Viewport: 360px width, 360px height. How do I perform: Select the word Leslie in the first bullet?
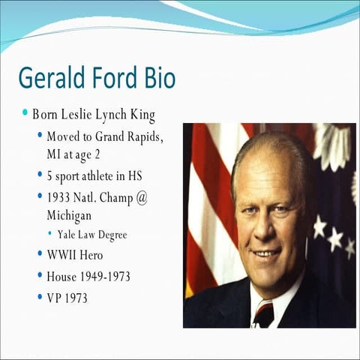pos(78,115)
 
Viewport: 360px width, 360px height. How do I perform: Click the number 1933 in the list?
pos(61,196)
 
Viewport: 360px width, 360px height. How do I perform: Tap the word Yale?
pos(68,235)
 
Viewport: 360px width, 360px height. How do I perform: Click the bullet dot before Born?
pos(25,114)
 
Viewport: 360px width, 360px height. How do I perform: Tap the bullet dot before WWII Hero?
pos(39,255)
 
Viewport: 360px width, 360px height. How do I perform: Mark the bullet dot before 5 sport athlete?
pos(39,175)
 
